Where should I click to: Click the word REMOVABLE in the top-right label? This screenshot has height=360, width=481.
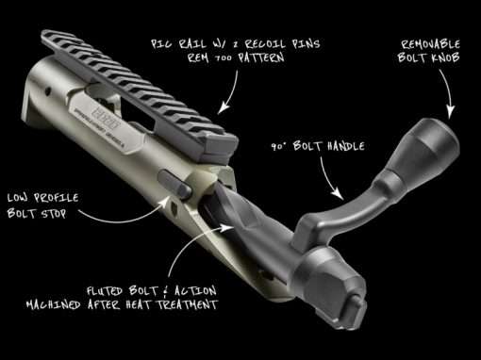(x=430, y=44)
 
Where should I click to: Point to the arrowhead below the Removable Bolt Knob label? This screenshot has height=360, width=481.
(x=451, y=112)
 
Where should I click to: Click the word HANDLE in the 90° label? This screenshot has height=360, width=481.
(x=346, y=146)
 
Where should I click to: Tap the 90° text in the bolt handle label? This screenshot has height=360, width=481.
(x=278, y=147)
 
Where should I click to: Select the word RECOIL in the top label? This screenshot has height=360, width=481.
(x=265, y=44)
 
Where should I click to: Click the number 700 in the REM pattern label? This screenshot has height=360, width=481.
(x=224, y=58)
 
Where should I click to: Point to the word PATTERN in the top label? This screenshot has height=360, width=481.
(x=261, y=57)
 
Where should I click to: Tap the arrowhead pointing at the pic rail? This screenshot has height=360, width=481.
(x=224, y=107)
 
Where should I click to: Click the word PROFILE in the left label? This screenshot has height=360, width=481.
(x=57, y=198)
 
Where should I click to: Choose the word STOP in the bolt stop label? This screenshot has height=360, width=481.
(x=54, y=214)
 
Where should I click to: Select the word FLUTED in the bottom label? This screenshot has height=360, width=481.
(x=104, y=291)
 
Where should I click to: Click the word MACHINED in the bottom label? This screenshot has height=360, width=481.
(x=53, y=304)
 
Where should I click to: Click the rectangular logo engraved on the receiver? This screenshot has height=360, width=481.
(x=106, y=121)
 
